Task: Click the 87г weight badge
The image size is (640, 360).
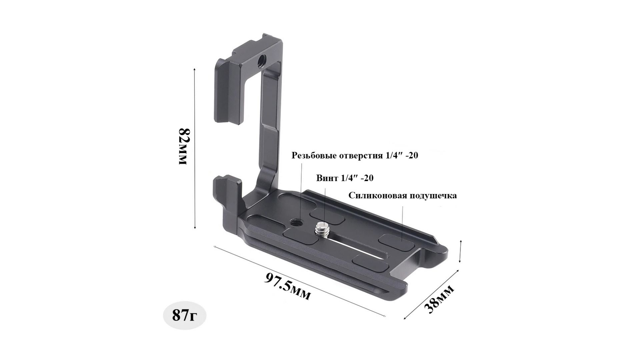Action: click(184, 315)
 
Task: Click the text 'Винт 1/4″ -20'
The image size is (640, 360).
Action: click(345, 178)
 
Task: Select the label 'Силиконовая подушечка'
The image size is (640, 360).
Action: click(403, 195)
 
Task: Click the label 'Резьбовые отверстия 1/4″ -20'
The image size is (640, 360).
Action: click(355, 155)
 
